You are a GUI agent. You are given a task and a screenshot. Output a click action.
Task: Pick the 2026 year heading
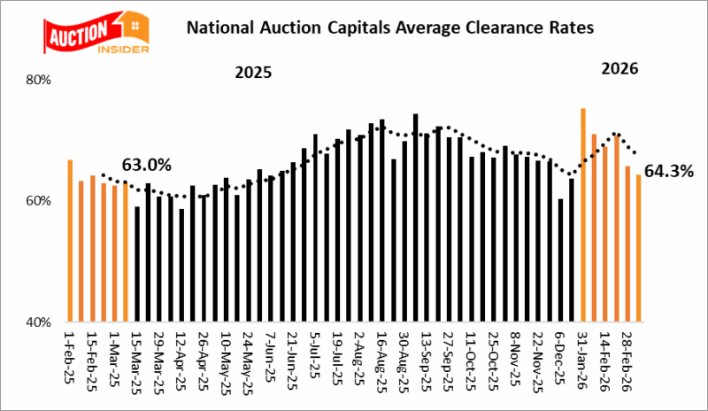point(619,68)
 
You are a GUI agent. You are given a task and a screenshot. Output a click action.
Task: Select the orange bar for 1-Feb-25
point(70,240)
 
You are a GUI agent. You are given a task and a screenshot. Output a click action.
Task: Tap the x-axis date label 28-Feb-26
point(627,355)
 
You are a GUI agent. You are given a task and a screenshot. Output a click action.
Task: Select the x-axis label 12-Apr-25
point(181,355)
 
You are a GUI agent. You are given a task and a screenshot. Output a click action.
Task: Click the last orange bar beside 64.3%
point(638,248)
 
